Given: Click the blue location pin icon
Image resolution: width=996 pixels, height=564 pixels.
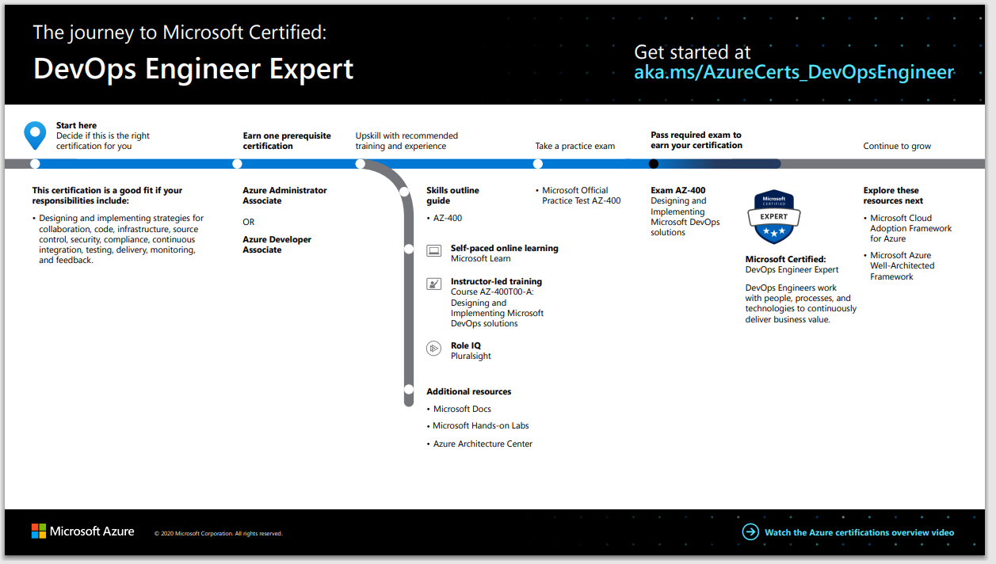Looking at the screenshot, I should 35,135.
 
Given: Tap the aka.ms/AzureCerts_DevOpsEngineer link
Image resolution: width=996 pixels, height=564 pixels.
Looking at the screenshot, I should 793,73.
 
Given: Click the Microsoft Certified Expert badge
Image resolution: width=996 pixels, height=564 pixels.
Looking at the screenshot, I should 774,217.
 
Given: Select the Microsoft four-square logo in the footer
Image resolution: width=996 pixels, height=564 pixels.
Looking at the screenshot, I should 39,532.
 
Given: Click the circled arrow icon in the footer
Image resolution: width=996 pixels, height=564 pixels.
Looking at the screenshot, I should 750,532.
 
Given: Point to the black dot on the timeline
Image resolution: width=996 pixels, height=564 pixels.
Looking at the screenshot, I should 653,164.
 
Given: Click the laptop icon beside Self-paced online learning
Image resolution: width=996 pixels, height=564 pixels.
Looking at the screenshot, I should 433,250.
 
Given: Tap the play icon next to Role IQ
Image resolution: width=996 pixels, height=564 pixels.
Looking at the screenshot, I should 433,348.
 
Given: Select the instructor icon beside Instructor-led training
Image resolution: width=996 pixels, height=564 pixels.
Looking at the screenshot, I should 433,284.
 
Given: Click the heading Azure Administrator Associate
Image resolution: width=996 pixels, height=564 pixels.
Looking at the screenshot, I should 284,196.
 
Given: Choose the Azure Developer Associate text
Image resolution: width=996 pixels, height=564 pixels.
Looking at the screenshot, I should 277,245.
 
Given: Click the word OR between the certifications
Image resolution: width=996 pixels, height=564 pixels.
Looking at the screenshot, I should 249,223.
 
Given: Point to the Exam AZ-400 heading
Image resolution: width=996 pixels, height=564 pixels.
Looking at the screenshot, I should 677,191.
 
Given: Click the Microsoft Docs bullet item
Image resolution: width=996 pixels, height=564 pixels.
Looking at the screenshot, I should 462,410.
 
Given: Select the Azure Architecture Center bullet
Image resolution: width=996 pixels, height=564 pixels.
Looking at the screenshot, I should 483,444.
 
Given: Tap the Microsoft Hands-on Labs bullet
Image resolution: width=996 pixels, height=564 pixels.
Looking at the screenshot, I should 480,426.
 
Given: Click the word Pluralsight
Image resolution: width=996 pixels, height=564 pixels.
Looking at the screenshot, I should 471,356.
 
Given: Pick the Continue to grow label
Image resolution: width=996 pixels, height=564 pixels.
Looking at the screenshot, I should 897,147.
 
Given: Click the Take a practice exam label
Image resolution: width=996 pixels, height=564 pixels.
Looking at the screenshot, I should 574,147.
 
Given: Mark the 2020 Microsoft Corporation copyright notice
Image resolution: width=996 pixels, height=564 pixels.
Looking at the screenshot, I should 218,534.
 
